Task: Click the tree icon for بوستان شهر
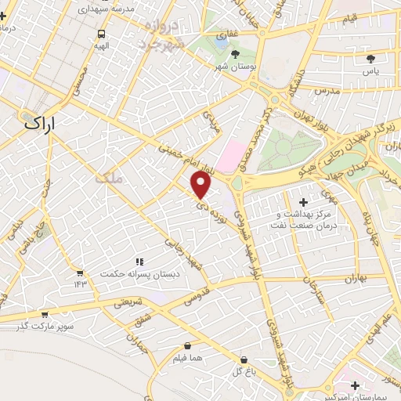click(235, 53)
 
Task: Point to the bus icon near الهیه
click(101, 34)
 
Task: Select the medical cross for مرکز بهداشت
click(304, 203)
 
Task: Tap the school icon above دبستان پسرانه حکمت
click(139, 262)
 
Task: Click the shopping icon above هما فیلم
click(187, 345)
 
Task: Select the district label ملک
click(108, 179)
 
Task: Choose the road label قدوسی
click(197, 298)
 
